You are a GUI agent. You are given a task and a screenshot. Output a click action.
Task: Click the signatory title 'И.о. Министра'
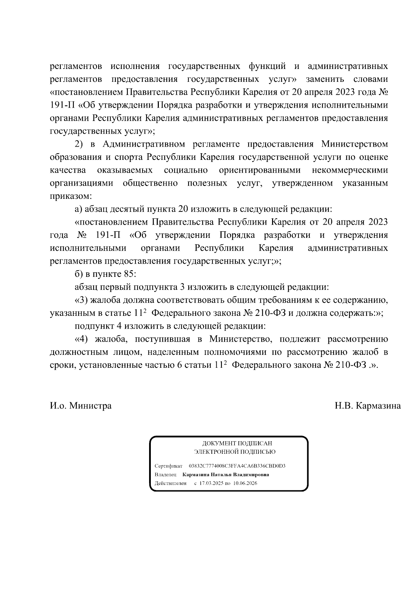80,406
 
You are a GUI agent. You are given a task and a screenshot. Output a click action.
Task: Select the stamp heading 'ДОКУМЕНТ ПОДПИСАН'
237,443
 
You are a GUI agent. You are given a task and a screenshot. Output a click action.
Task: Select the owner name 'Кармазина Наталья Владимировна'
225,475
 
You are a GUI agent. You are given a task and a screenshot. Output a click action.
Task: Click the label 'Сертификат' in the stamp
168,466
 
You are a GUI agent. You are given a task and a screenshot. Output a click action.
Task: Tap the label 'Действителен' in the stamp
170,483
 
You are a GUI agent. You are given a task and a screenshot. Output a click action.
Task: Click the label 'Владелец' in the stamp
165,475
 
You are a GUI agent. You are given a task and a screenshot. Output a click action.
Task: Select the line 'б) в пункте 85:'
105,274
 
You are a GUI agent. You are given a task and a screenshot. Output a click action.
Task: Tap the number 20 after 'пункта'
183,209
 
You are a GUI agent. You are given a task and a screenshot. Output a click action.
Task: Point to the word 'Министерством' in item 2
354,144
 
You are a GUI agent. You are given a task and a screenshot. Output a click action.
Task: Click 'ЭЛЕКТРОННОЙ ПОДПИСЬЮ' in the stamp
235,452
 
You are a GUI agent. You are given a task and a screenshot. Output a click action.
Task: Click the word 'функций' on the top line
268,66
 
